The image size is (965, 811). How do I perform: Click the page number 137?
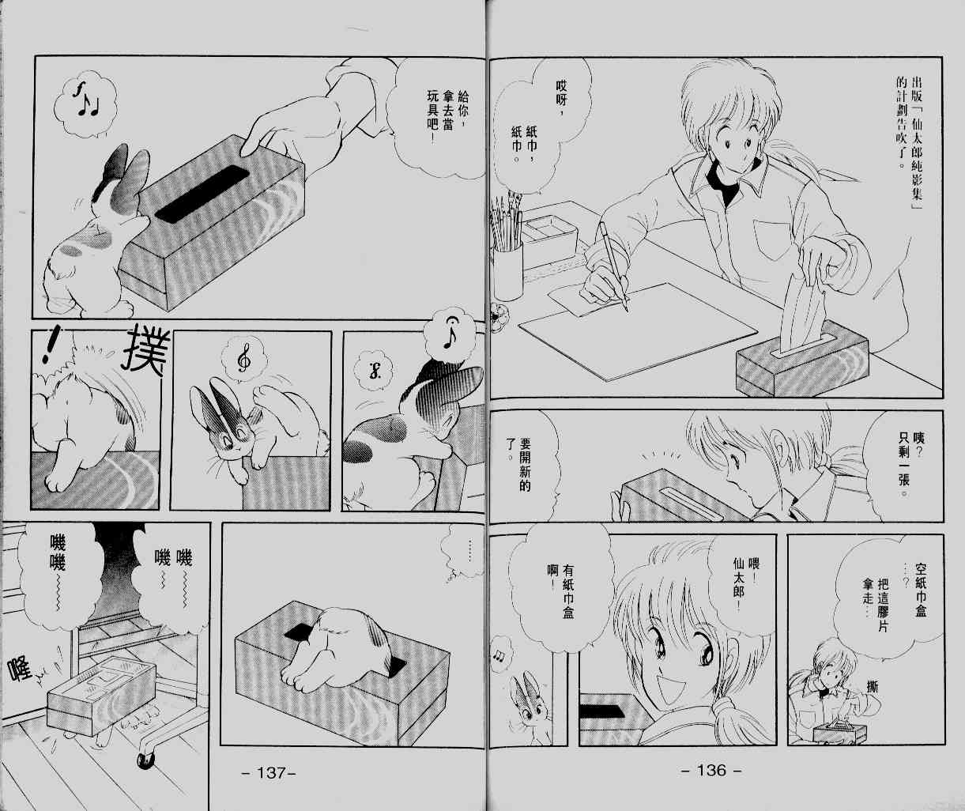pos(270,771)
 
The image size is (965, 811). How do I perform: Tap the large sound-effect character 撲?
pos(145,349)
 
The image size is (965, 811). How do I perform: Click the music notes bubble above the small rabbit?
pos(500,654)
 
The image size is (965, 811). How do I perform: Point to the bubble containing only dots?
pos(465,552)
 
